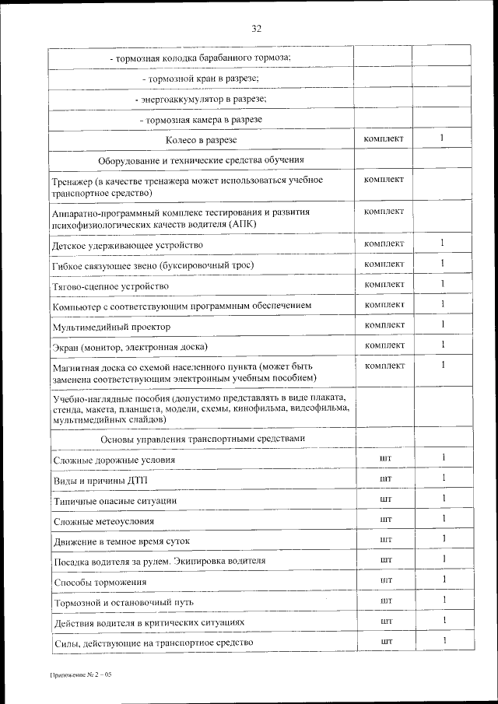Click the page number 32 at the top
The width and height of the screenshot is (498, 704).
pyautogui.click(x=256, y=29)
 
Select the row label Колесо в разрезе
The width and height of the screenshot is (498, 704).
pyautogui.click(x=201, y=140)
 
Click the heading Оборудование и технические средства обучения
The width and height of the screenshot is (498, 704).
pyautogui.click(x=201, y=160)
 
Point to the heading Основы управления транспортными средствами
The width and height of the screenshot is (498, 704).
pyautogui.click(x=201, y=439)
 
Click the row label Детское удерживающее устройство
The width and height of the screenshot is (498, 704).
pyautogui.click(x=127, y=245)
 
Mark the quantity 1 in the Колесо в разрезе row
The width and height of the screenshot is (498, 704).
pyautogui.click(x=441, y=138)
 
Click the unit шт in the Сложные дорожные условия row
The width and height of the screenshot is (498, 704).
pyautogui.click(x=384, y=458)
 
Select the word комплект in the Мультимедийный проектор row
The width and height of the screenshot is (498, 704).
pyautogui.click(x=384, y=324)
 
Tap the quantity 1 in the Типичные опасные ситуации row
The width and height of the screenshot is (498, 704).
pyautogui.click(x=443, y=499)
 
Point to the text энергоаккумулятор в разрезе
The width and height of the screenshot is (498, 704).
pyautogui.click(x=201, y=100)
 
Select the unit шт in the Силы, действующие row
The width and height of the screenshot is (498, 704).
pyautogui.click(x=384, y=640)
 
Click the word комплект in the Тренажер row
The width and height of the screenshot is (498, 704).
pyautogui.click(x=384, y=180)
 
